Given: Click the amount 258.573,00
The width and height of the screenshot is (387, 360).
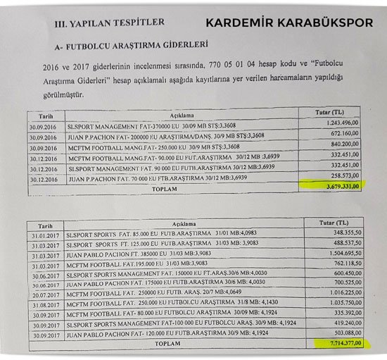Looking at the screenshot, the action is pyautogui.click(x=344, y=176).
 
